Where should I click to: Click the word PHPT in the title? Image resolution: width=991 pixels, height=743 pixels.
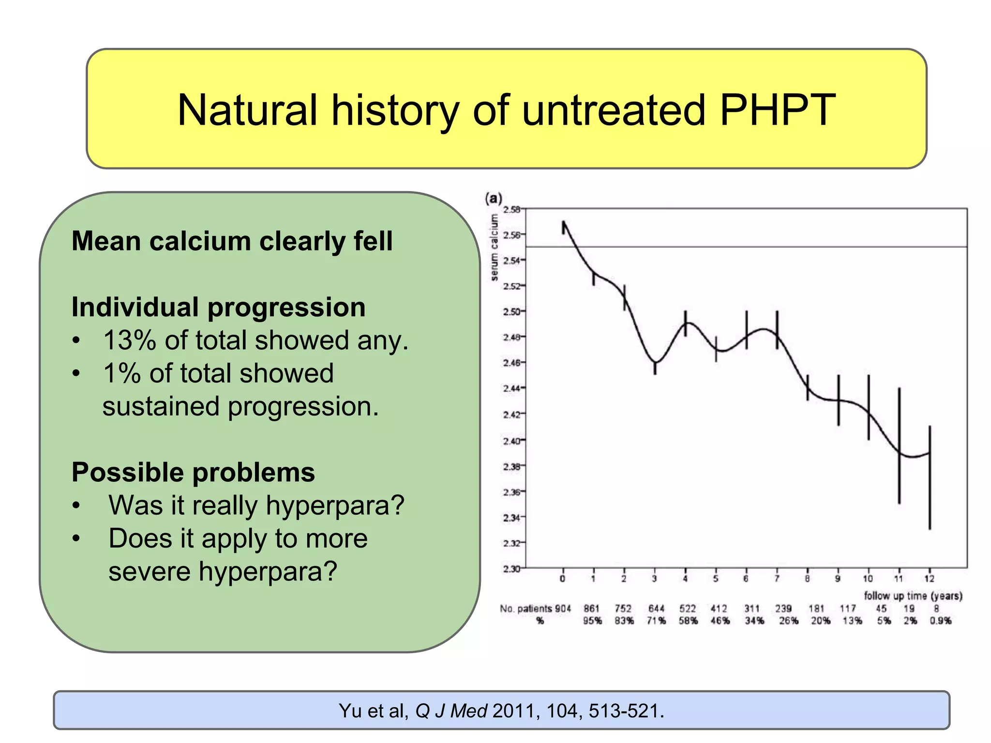777,110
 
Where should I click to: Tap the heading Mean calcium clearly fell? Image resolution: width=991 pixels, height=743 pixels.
232,241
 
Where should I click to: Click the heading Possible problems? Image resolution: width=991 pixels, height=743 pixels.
193,472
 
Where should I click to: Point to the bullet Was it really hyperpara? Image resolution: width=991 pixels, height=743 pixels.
256,505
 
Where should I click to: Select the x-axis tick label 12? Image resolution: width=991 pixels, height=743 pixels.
929,579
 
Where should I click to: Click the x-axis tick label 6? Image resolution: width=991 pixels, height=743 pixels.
746,579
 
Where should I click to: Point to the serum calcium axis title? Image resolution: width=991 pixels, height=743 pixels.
494,247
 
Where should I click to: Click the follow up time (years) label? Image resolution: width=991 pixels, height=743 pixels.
913,596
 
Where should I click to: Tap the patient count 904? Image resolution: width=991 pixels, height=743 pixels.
563,609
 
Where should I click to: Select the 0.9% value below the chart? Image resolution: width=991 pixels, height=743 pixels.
940,621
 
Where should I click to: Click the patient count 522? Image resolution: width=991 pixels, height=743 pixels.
687,609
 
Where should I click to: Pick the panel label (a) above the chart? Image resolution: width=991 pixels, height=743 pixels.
494,198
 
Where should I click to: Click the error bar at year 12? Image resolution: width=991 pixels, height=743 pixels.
930,478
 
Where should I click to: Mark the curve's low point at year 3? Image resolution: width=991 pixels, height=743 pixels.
655,363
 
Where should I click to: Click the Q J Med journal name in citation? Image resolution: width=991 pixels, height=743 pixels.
451,711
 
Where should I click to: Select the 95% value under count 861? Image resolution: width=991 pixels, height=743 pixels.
592,621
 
